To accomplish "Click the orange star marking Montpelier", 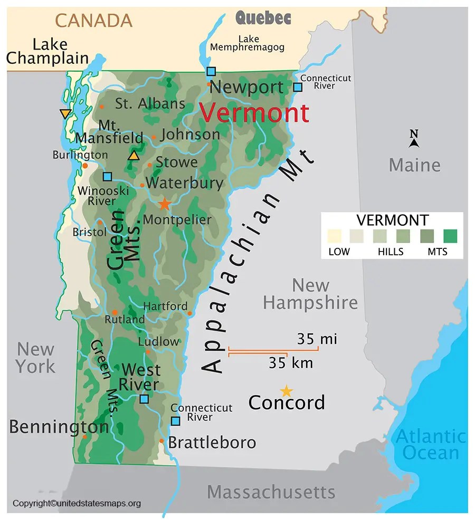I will [x=165, y=203].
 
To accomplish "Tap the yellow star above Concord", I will [x=286, y=391].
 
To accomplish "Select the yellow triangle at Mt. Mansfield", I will [x=134, y=156].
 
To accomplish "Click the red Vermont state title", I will [x=254, y=113].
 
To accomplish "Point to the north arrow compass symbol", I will [x=414, y=139].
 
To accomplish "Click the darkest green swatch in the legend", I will [x=450, y=236].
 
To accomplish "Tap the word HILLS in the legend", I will [x=391, y=252].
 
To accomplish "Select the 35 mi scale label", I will [x=317, y=339].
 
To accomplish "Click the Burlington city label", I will [x=80, y=155].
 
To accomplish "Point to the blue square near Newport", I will [x=211, y=71].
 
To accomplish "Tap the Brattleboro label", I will [x=212, y=442].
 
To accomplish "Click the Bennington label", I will [x=59, y=426].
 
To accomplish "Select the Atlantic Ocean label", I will [x=431, y=445].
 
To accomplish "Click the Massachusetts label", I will [x=271, y=492].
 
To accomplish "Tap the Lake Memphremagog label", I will [x=248, y=43].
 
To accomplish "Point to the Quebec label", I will [x=263, y=18].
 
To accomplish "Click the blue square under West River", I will [x=144, y=399].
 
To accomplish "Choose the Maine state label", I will [x=414, y=165].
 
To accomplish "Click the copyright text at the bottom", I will [x=77, y=504].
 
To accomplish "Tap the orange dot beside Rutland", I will [x=115, y=312].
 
